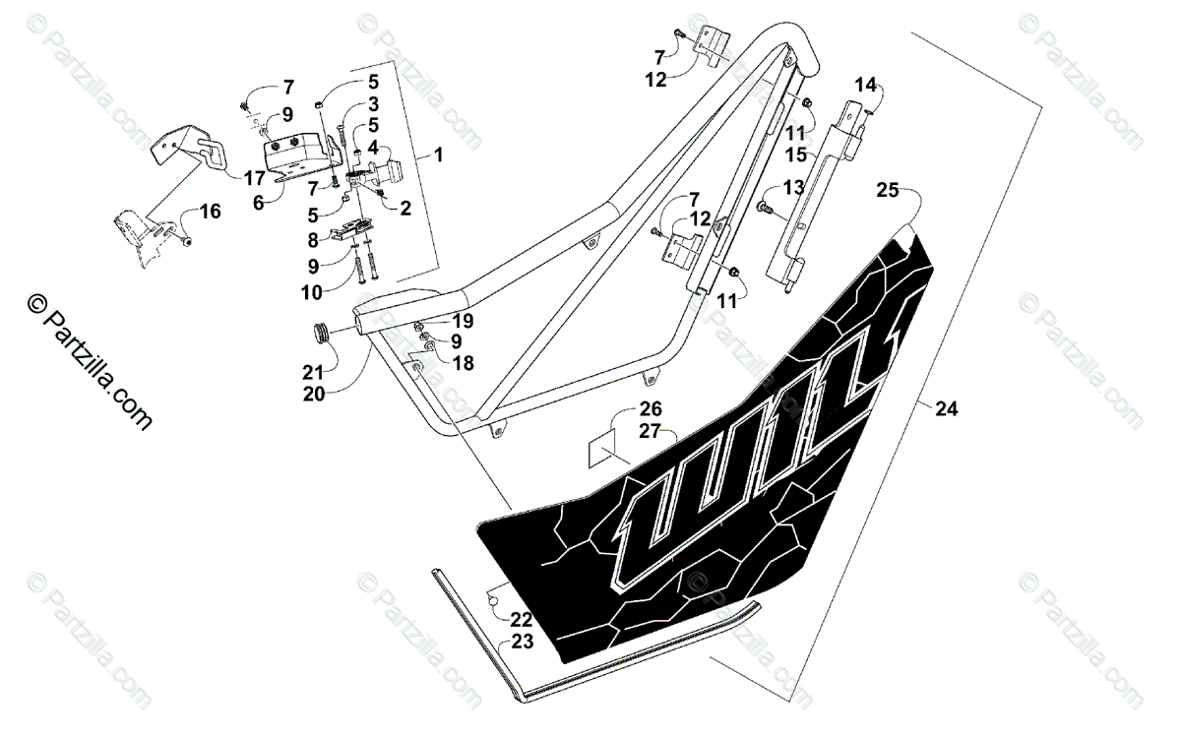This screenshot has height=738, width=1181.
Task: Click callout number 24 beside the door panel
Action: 946,409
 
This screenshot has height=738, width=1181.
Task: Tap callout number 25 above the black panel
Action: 888,191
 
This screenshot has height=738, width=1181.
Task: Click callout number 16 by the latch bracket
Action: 210,211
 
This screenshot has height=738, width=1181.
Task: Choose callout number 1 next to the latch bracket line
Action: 437,154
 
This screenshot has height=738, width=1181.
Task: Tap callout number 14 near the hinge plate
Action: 864,85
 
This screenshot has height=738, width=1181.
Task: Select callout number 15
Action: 796,154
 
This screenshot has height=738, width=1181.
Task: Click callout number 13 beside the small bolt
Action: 793,188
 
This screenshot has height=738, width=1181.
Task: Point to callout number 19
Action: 463,321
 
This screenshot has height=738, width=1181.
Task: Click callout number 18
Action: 463,363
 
